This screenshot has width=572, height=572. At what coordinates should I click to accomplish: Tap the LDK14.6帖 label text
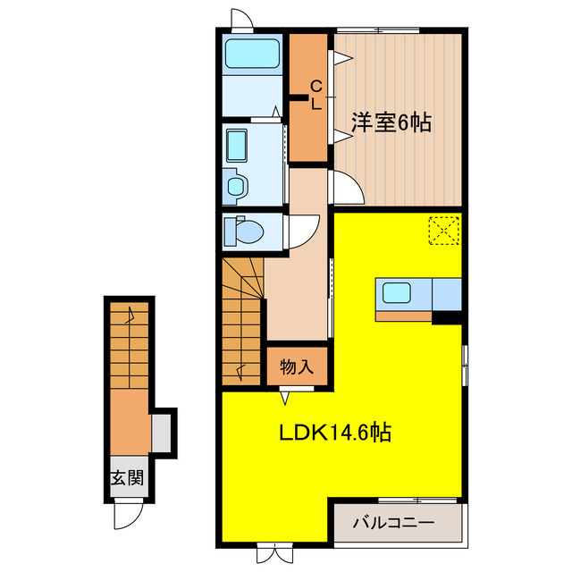click(333, 433)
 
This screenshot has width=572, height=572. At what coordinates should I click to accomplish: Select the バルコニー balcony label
click(392, 521)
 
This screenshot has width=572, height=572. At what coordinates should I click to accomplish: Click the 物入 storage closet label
click(297, 366)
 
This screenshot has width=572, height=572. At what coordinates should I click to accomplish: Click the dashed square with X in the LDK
click(442, 230)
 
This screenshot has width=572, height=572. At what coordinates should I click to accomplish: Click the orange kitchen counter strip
click(403, 315)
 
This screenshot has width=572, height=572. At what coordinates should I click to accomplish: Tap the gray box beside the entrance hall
click(162, 433)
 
